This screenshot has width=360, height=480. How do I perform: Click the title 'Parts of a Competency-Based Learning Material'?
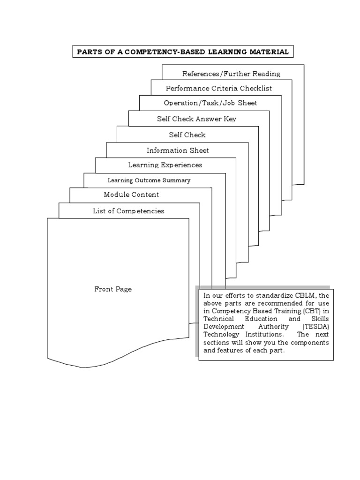coord(183,52)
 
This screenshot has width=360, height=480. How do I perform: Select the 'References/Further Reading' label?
coord(231,74)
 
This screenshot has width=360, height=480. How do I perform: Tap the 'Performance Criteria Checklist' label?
coord(218,88)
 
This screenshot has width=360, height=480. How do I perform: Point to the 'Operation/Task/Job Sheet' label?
coord(210,103)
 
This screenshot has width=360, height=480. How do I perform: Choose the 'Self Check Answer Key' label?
coord(196,119)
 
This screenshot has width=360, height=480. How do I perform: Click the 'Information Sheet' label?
coord(178,150)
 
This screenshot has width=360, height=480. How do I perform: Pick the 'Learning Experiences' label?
coord(165,165)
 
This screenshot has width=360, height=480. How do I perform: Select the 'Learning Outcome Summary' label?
coord(149,180)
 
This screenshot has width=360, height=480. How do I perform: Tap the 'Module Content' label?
coord(131,195)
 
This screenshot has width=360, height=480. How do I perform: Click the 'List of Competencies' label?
coord(128,211)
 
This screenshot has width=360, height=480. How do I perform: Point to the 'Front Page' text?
coord(113,289)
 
